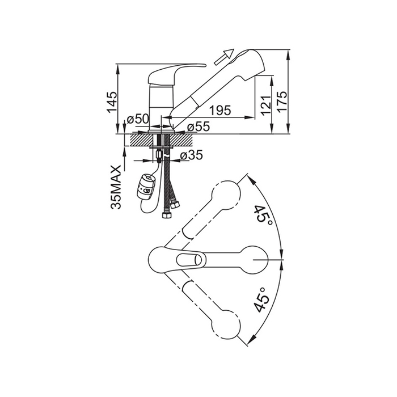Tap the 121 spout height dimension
coord(265,105)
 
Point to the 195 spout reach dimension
coord(220,110)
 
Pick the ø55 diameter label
coord(198,126)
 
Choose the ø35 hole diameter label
coord(192,155)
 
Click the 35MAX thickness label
coord(116,187)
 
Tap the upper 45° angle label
coord(264,217)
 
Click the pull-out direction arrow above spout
coord(223,57)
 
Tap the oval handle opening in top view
coord(189,260)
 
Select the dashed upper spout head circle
coord(226,195)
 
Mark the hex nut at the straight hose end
coord(166,216)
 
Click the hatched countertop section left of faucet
coord(141,140)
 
